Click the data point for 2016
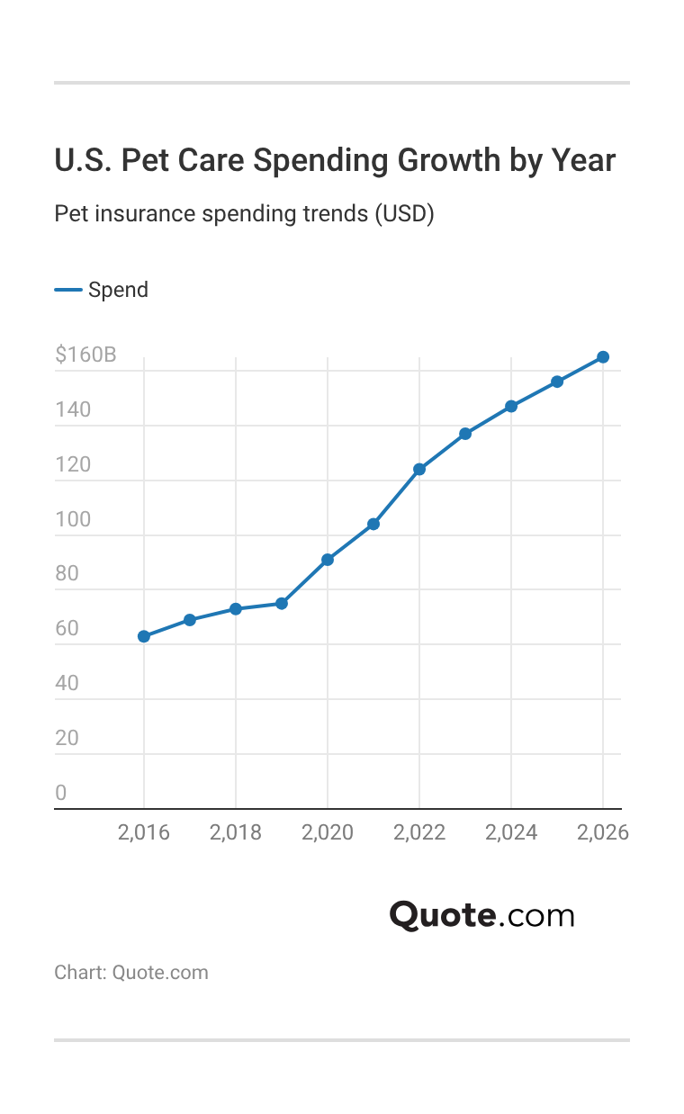tap(144, 636)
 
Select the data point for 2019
tap(282, 603)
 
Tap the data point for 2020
tap(328, 560)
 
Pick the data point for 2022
tap(419, 469)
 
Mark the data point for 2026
tap(603, 357)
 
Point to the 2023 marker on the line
tap(465, 434)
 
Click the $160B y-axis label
tap(85, 355)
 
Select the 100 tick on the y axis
tap(73, 519)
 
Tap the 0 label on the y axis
tap(61, 793)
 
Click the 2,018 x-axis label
tap(236, 833)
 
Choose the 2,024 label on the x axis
tap(511, 833)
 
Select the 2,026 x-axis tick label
tap(603, 833)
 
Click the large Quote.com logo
tap(481, 915)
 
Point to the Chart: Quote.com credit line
tap(131, 972)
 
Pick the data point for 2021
tap(373, 524)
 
